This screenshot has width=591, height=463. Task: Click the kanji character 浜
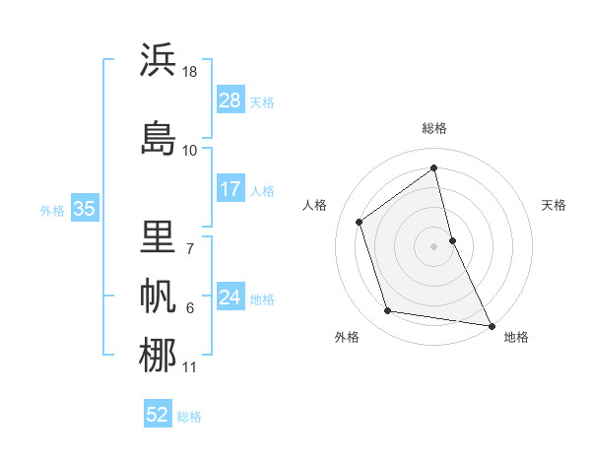coord(158,61)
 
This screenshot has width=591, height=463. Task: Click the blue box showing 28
coord(230,100)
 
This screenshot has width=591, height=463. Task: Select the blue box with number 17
coord(230,189)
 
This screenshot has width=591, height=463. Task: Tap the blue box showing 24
coord(230,298)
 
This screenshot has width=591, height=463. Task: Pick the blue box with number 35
coord(84,209)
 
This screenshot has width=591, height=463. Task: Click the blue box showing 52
coord(158,415)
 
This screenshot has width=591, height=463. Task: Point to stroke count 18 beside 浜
coord(190,72)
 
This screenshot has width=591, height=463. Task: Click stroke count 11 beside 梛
coord(190,367)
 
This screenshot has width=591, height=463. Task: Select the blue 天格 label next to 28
coord(262,102)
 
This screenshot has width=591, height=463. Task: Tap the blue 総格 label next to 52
coord(189,417)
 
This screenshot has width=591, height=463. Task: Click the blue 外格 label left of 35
coord(52,210)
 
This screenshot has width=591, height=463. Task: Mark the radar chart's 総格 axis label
coord(434,128)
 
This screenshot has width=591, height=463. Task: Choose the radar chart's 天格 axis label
coord(555,205)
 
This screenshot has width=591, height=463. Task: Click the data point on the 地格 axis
coord(491,324)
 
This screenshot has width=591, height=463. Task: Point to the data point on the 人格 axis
coord(360,222)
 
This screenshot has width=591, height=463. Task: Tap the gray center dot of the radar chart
coord(434,245)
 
